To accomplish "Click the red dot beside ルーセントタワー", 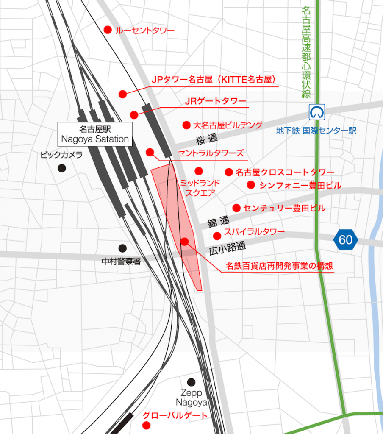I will (x=108, y=30).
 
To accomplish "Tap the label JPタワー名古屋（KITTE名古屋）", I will (x=214, y=80).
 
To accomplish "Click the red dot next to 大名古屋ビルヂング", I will (x=186, y=125).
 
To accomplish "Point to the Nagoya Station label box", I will (x=95, y=134).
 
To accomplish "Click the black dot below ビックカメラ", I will (x=62, y=168).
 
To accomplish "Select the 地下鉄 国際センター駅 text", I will (x=316, y=131).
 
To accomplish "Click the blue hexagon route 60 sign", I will (x=345, y=239).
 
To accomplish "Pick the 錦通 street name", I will (x=218, y=221).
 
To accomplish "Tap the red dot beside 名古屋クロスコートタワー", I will (x=229, y=172).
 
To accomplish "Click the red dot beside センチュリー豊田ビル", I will (x=236, y=208).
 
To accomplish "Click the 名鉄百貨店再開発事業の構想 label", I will (x=279, y=266).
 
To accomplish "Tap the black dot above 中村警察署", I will (x=122, y=248).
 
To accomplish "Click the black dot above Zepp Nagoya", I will (x=191, y=382).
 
